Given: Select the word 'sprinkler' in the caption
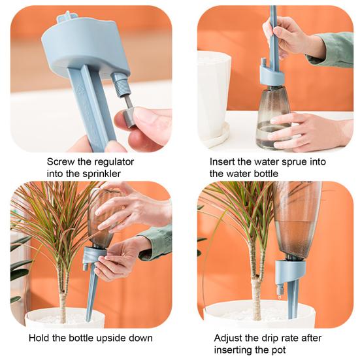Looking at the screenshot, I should [x=95, y=174].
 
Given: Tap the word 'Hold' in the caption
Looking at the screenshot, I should [x=41, y=338].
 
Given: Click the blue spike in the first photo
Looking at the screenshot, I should [x=91, y=105].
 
